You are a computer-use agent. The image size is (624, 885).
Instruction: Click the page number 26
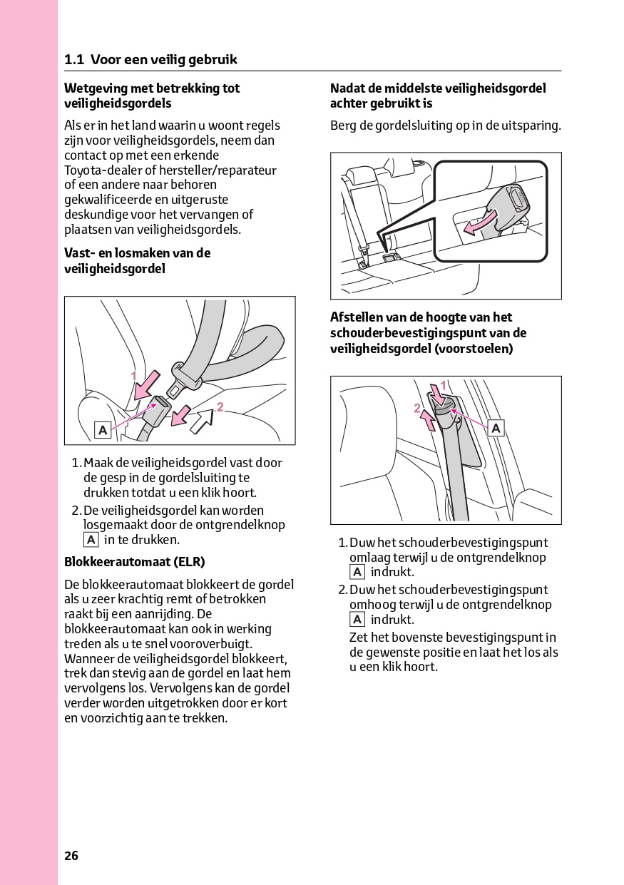[71, 856]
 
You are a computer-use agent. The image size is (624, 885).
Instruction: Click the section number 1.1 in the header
[74, 60]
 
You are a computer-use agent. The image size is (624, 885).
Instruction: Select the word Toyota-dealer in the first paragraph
[103, 170]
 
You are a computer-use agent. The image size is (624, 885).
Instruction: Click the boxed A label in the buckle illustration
[103, 429]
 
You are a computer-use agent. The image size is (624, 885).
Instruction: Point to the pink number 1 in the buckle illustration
[133, 375]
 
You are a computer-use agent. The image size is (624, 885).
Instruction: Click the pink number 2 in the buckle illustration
[220, 407]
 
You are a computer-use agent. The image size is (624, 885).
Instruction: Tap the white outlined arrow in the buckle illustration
[202, 421]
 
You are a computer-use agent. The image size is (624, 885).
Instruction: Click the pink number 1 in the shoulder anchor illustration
[443, 385]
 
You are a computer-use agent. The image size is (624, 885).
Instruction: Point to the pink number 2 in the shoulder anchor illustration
[417, 408]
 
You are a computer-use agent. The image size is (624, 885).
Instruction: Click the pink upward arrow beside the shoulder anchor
[428, 420]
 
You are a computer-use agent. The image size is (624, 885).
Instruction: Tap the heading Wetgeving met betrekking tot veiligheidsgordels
[152, 96]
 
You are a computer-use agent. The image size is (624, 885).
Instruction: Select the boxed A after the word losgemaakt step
[91, 540]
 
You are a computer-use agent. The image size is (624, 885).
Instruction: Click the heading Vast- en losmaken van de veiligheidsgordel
[137, 260]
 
